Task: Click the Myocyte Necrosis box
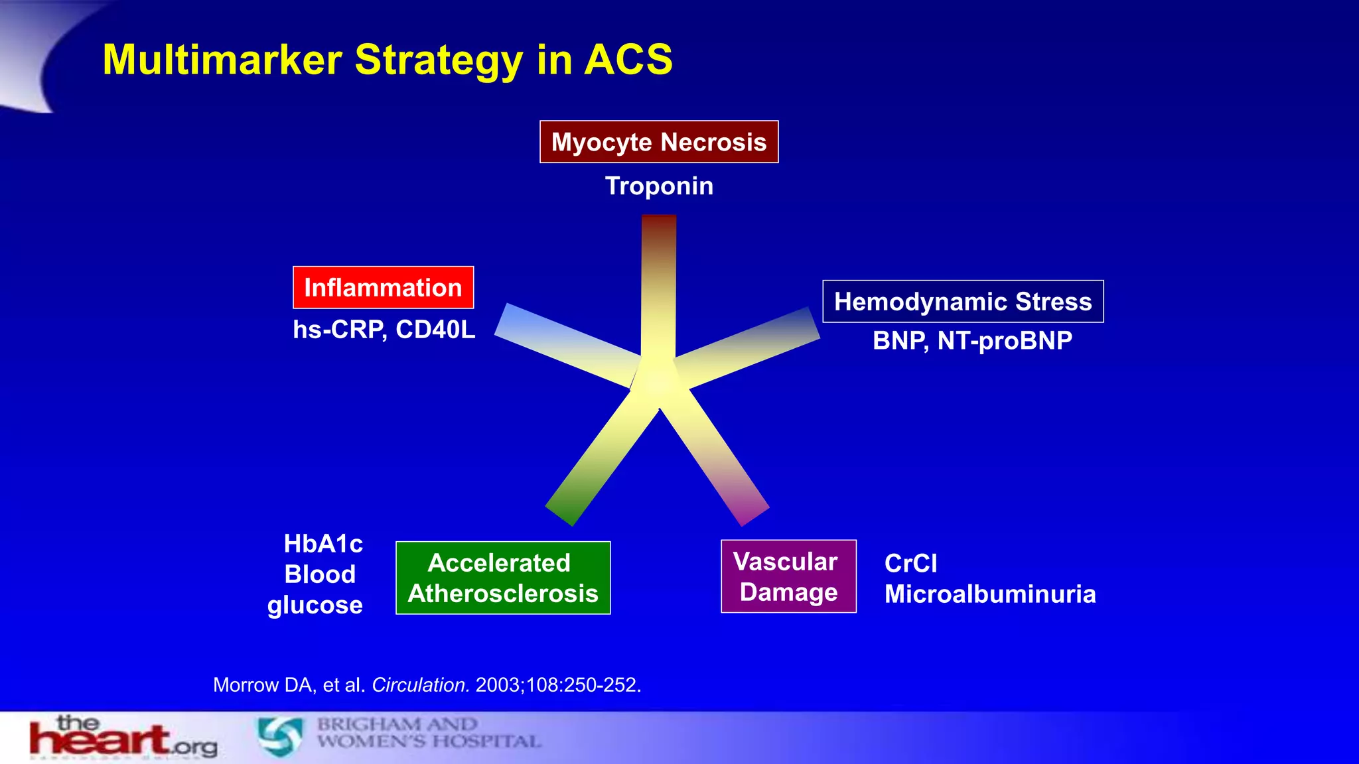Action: click(x=659, y=142)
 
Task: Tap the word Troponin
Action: click(x=659, y=186)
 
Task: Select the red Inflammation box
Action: click(x=383, y=288)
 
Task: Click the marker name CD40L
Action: click(x=435, y=330)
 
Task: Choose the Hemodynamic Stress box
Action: click(x=963, y=302)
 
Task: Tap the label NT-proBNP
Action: click(x=1005, y=341)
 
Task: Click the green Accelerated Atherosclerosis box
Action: click(x=503, y=578)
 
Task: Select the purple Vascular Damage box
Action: click(x=788, y=576)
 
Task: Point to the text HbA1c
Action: click(x=323, y=544)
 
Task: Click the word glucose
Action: click(x=315, y=605)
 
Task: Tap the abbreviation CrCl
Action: click(x=910, y=564)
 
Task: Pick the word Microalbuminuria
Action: click(x=990, y=594)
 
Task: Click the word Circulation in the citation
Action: click(x=421, y=685)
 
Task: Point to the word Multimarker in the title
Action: click(x=222, y=60)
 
